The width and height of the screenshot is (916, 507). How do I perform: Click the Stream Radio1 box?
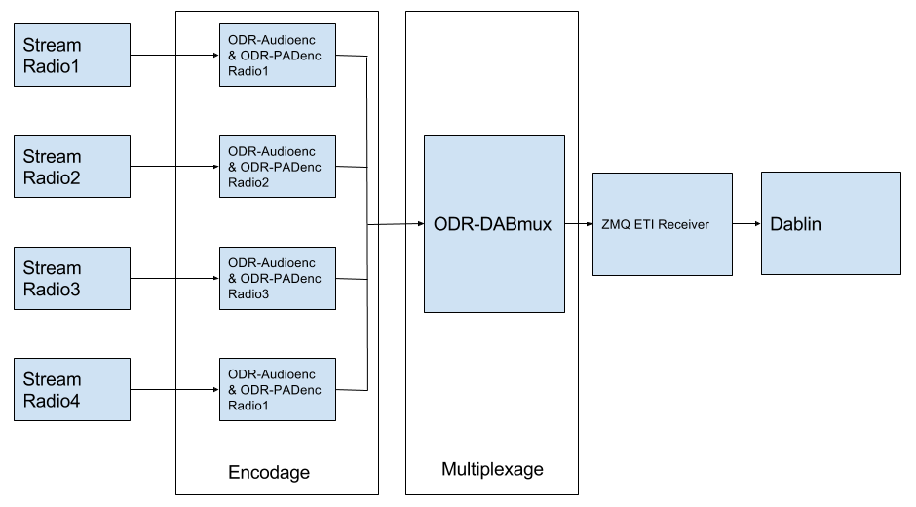pos(71,55)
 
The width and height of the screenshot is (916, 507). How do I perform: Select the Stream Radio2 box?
pos(71,166)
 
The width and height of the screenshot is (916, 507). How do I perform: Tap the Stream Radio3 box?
pos(71,278)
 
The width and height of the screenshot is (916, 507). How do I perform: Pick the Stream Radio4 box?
pos(71,389)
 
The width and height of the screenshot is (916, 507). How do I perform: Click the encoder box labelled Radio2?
pos(277,166)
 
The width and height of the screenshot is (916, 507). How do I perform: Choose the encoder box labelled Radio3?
pos(277,278)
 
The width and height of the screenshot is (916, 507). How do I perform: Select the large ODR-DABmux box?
pos(494,223)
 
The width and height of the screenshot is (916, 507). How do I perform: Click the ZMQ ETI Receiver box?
pos(662,224)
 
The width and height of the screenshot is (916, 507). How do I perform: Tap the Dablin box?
pos(830,223)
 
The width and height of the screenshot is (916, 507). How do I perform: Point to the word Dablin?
pos(796,224)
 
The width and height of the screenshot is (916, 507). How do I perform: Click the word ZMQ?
pos(615,225)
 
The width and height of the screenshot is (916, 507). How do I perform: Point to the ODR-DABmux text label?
pos(492,224)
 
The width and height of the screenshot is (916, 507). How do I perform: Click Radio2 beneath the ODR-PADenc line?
pos(248,182)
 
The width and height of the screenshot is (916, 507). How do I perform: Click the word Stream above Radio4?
pos(52,379)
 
